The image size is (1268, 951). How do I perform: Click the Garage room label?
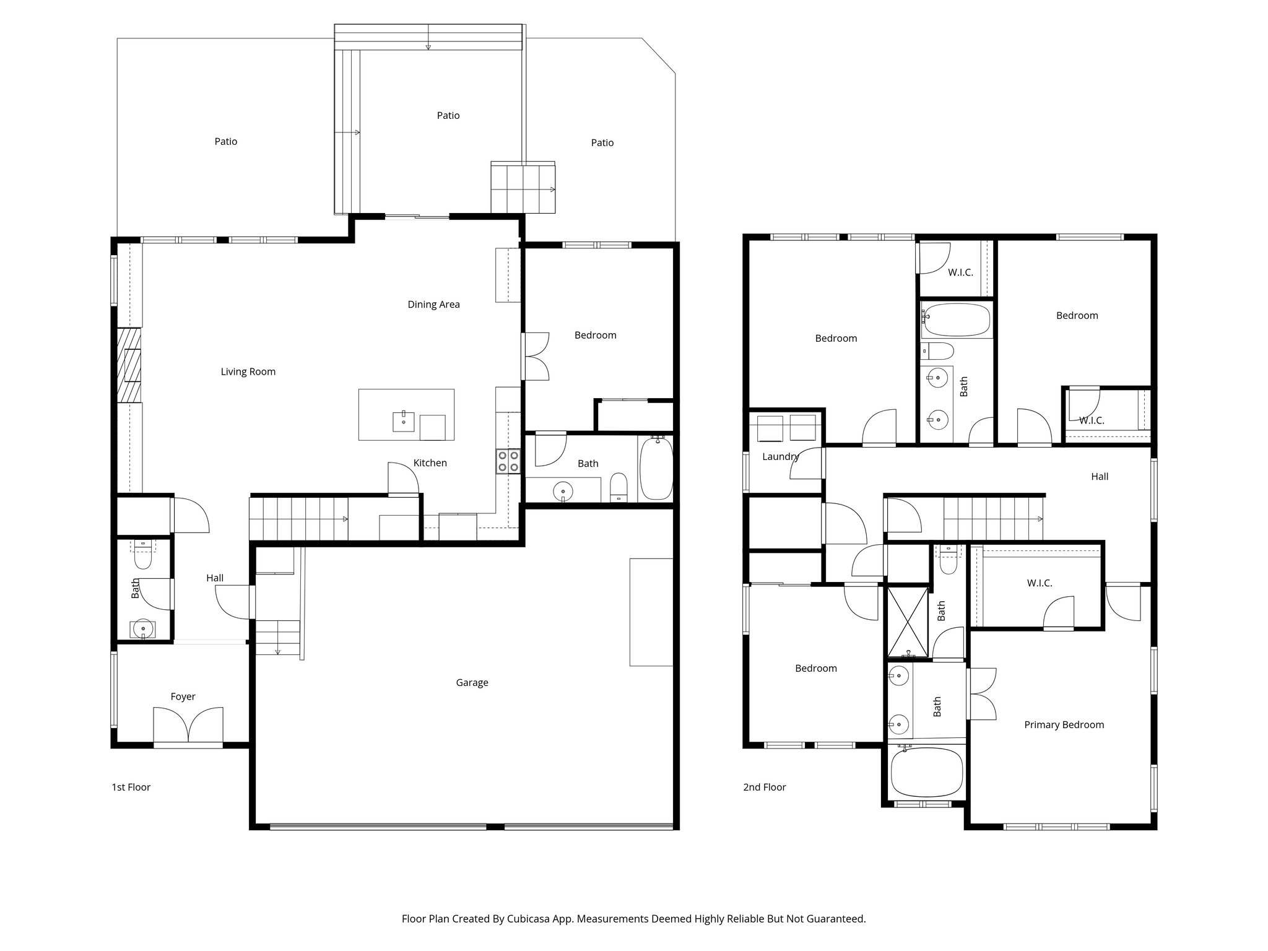(472, 682)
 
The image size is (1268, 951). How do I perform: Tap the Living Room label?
(248, 371)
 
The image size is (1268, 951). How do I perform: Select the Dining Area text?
(433, 304)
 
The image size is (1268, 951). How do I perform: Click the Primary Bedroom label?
(1064, 724)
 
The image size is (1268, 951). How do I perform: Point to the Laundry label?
(780, 456)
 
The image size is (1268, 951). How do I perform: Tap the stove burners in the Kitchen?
(508, 461)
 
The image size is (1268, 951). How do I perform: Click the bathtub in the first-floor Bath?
(656, 468)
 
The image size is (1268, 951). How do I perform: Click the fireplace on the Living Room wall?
(129, 365)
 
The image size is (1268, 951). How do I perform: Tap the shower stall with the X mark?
(908, 621)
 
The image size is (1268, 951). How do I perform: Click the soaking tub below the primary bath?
(926, 773)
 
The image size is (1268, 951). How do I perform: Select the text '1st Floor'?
(131, 787)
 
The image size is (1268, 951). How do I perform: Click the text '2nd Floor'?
(764, 787)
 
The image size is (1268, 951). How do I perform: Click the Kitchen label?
(430, 462)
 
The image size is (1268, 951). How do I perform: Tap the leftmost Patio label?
(225, 141)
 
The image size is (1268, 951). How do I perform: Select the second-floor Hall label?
(1099, 476)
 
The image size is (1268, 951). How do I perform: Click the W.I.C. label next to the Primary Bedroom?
(1039, 583)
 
